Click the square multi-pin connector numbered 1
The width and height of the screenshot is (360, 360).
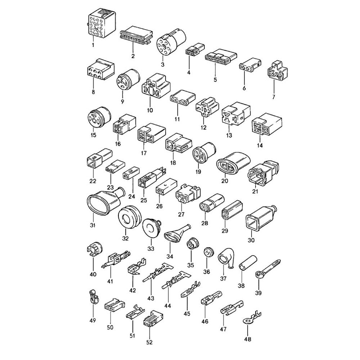(101, 23)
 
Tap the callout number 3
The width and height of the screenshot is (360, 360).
(163, 65)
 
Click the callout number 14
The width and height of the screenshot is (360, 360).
(260, 145)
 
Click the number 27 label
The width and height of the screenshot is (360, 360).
(181, 215)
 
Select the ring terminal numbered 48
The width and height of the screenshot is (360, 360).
(251, 318)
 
